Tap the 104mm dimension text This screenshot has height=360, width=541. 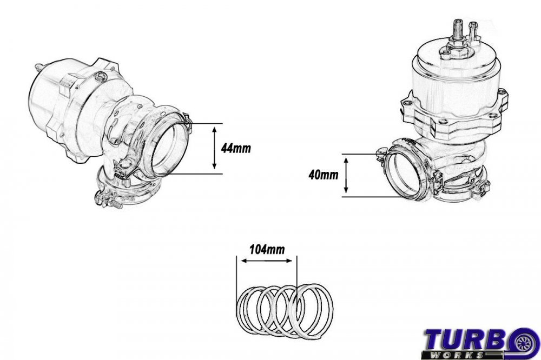click(x=265, y=250)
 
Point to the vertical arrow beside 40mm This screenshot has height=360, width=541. click(x=347, y=175)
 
